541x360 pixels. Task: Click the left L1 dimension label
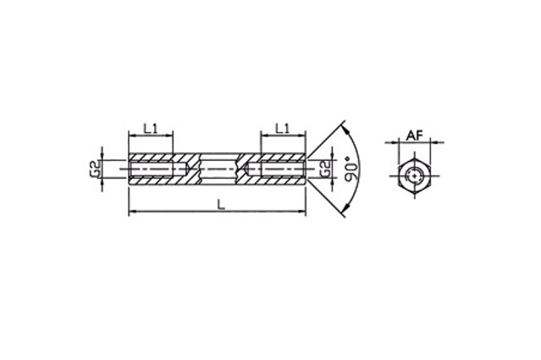click(151, 129)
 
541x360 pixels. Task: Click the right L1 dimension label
click(283, 129)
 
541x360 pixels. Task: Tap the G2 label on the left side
click(96, 169)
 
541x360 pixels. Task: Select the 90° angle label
click(351, 169)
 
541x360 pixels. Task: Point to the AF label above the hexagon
click(414, 136)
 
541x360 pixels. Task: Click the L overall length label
click(221, 205)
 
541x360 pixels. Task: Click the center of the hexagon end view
click(414, 175)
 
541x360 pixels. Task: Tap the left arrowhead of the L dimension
click(132, 210)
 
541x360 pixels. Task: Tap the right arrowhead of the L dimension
click(302, 210)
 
